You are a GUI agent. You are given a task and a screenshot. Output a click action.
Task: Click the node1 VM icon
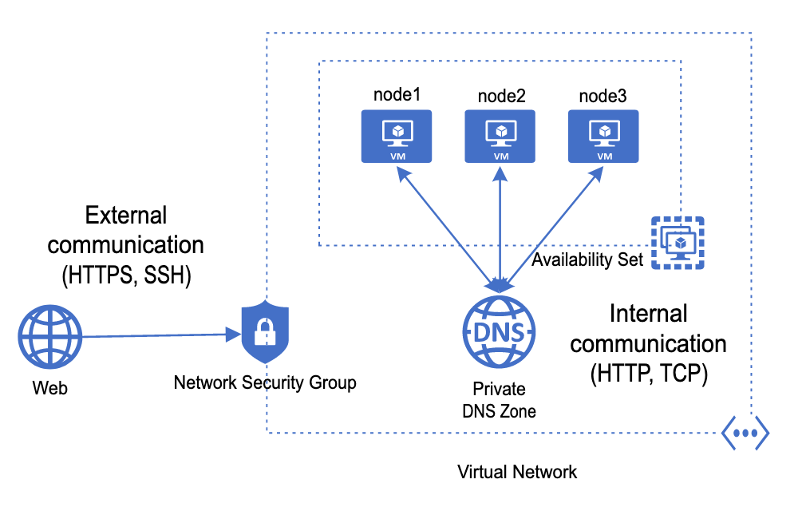pos(397,137)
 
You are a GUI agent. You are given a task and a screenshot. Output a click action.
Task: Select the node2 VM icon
pos(500,137)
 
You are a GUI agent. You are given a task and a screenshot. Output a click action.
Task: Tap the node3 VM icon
pos(603,137)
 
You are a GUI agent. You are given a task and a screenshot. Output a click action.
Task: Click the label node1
pos(397,95)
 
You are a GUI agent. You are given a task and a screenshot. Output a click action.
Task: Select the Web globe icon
pos(50,337)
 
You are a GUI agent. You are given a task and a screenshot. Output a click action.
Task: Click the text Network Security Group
pos(265,383)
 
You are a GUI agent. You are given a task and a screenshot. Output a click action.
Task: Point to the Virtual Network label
pos(517,472)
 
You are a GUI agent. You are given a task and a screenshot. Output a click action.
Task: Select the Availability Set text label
pos(587,259)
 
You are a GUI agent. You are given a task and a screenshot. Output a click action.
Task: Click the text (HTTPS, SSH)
pos(128,275)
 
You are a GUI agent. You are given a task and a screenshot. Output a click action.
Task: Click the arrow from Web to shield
pos(160,335)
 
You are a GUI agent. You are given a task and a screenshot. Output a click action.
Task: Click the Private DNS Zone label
pos(500,400)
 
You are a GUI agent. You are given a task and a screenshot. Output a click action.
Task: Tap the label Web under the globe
pos(50,389)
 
